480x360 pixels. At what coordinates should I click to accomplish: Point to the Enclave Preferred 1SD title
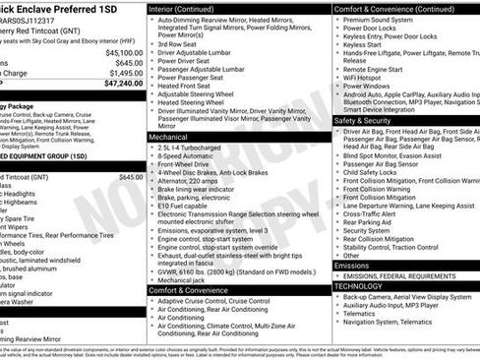(x=59, y=8)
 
